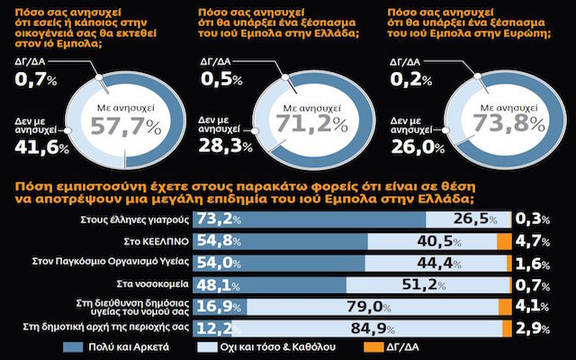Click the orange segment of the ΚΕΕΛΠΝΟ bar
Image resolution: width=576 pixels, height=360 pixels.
pos(504,241)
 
